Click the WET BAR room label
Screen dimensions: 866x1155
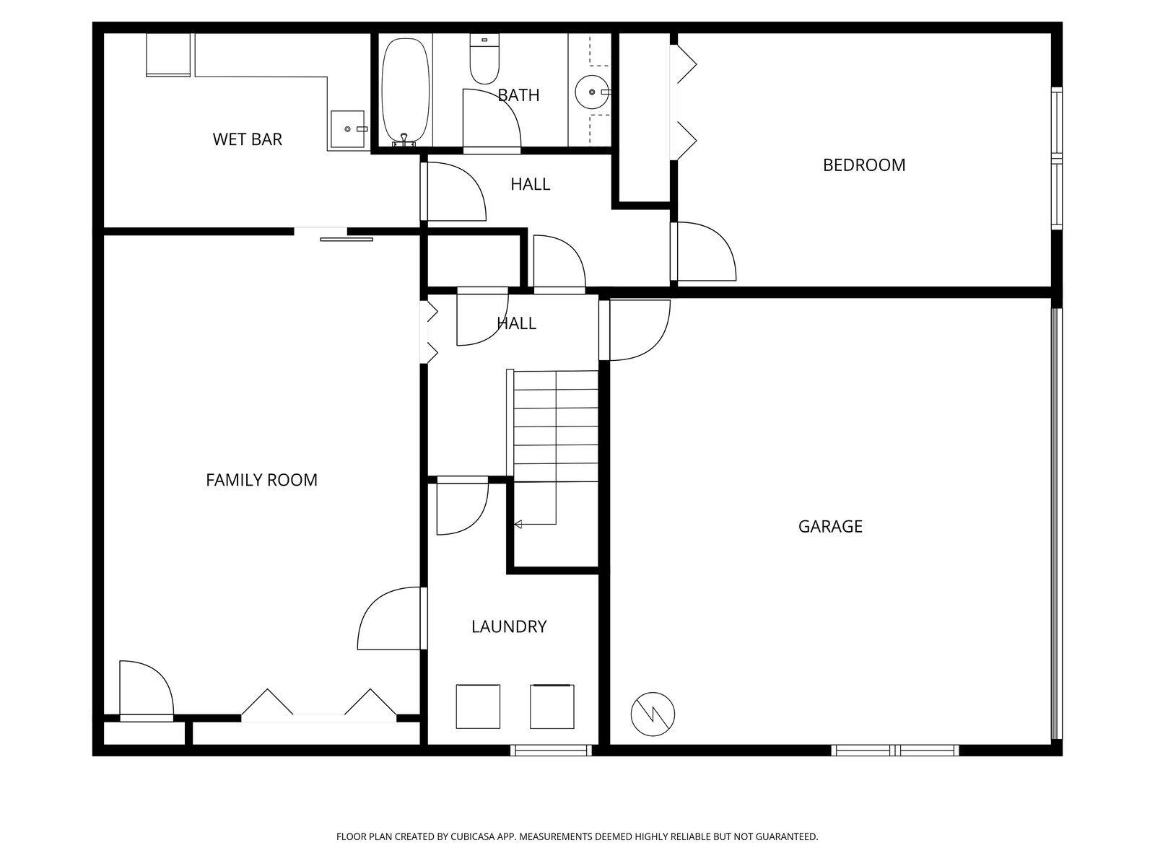click(247, 139)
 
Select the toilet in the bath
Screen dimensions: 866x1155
click(484, 61)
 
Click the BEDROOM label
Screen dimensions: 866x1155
click(863, 165)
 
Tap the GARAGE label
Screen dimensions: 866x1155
click(830, 526)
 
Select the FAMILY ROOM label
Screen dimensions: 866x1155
click(261, 480)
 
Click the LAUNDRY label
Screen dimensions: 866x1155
click(509, 626)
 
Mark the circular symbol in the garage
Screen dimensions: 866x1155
click(653, 714)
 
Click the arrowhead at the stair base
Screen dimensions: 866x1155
click(518, 524)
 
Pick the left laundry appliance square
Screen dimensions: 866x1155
click(478, 706)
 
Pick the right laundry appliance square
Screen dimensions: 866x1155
click(552, 706)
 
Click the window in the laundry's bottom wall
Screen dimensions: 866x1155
click(551, 751)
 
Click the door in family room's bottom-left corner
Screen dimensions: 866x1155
click(145, 691)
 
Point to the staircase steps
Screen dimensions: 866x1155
click(556, 426)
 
